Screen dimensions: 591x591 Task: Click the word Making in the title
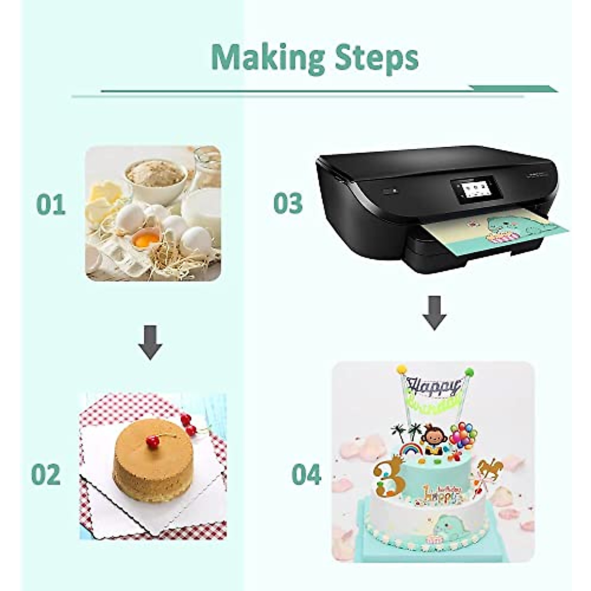pyautogui.click(x=268, y=58)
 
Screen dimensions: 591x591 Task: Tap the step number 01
pyautogui.click(x=51, y=204)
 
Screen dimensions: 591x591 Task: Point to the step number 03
pyautogui.click(x=288, y=203)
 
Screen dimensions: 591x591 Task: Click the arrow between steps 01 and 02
pyautogui.click(x=150, y=342)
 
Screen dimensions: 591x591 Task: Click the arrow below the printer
pyautogui.click(x=434, y=313)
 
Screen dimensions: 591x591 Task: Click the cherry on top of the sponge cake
pyautogui.click(x=153, y=442)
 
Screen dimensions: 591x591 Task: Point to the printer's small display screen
pyautogui.click(x=471, y=190)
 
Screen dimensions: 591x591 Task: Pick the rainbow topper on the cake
pyautogui.click(x=412, y=449)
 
